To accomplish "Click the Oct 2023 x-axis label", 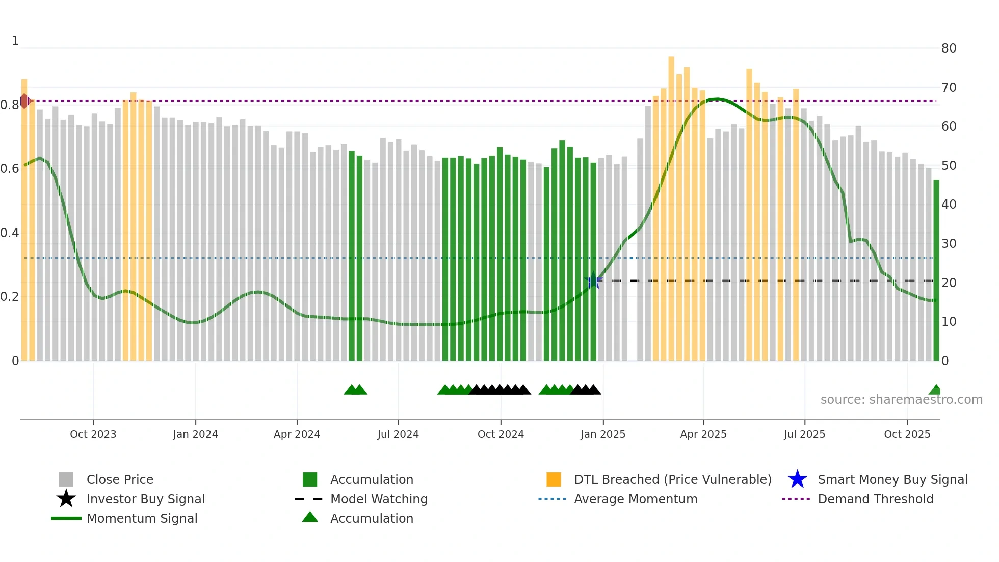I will [93, 434].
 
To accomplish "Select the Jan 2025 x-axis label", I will [603, 434].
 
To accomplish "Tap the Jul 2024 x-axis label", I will [398, 434].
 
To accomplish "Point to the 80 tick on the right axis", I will [949, 48].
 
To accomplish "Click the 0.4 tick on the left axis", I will [10, 233].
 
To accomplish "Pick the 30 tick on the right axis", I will [949, 244].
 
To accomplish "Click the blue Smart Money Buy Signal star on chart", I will [593, 281].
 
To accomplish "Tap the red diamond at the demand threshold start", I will [24, 101].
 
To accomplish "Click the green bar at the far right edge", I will [936, 270].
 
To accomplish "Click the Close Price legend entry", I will [120, 480].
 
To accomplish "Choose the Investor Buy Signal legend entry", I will [145, 499].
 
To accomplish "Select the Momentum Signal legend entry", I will [142, 519].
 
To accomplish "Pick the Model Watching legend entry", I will [379, 499].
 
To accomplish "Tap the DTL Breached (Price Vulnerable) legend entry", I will [672, 480].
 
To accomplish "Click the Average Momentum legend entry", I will [636, 499].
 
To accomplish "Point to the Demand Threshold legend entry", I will [875, 499].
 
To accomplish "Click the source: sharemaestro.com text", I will [901, 400].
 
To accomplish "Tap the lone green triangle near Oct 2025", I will [935, 390].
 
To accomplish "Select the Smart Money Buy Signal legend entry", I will [892, 480].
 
